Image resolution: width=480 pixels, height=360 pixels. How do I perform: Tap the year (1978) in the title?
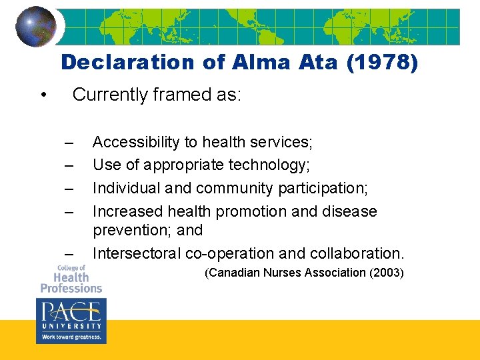(x=382, y=63)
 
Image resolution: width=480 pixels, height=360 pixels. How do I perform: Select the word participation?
(x=320, y=189)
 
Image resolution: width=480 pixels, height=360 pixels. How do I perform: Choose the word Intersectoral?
(x=137, y=253)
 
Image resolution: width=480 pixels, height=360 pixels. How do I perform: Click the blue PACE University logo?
(x=71, y=321)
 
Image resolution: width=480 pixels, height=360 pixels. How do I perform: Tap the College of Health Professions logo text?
(x=71, y=279)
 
